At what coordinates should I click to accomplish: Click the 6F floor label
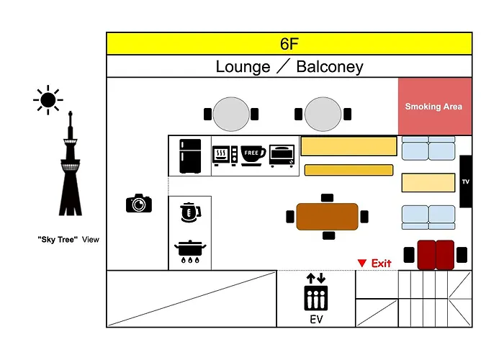[x=289, y=44]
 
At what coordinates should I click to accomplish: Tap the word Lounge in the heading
[x=243, y=67]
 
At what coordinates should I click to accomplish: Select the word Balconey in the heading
[x=330, y=67]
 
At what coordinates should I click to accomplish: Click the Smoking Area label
[x=433, y=107]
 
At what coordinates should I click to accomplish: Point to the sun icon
[x=48, y=100]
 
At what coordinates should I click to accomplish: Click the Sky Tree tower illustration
[x=71, y=163]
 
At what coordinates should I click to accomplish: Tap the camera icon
[x=139, y=203]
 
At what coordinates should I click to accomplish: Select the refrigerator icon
[x=190, y=156]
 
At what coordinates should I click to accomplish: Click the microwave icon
[x=225, y=156]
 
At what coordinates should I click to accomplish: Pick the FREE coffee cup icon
[x=253, y=156]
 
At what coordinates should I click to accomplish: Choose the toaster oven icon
[x=282, y=156]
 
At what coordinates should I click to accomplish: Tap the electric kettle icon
[x=190, y=212]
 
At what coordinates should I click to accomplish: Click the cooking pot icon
[x=190, y=251]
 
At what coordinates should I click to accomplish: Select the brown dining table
[x=327, y=217]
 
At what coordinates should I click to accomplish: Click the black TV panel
[x=466, y=181]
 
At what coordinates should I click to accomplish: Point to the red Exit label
[x=381, y=264]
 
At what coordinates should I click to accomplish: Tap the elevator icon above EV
[x=316, y=292]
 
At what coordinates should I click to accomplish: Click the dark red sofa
[x=436, y=255]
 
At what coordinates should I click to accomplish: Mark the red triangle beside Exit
[x=362, y=263]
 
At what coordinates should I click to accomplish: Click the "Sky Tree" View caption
[x=68, y=240]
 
